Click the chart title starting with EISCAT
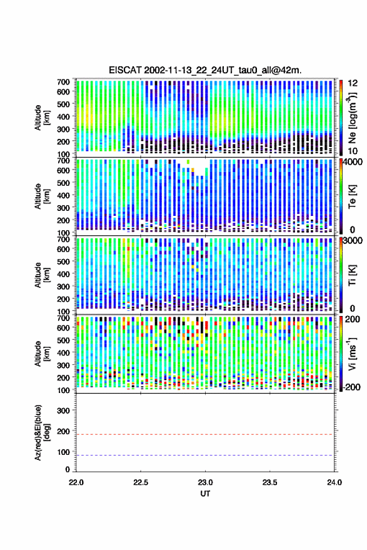[205, 70]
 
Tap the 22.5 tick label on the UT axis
[141, 482]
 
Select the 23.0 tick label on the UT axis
[205, 482]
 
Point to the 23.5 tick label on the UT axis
[269, 482]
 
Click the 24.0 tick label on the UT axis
[334, 482]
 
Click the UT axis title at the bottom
[205, 494]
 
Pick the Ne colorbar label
[352, 118]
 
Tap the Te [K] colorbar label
[352, 196]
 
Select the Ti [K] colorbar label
[352, 275]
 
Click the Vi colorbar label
[352, 354]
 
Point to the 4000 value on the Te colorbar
[353, 162]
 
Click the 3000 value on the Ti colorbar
[353, 241]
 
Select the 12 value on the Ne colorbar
[353, 83]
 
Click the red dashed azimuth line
[205, 435]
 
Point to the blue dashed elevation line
[205, 456]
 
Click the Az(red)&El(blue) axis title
[42, 432]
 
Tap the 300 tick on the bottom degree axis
[63, 410]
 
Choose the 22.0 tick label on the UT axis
[76, 482]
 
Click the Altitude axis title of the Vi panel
[42, 354]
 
